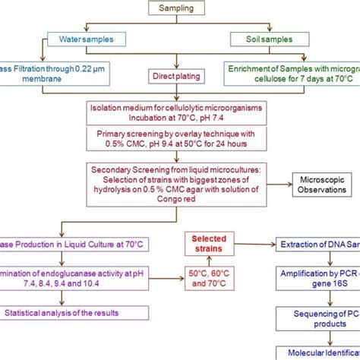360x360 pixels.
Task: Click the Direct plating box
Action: click(180, 76)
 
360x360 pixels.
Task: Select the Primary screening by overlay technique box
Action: click(180, 144)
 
